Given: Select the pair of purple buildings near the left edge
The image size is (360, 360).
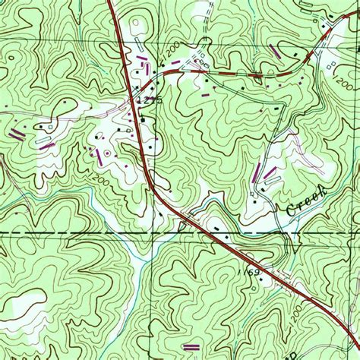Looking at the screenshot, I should (x=17, y=134).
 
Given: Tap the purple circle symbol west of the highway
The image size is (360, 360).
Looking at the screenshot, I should (x=107, y=153).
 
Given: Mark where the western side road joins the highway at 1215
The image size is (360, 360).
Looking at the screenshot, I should (x=137, y=107).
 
